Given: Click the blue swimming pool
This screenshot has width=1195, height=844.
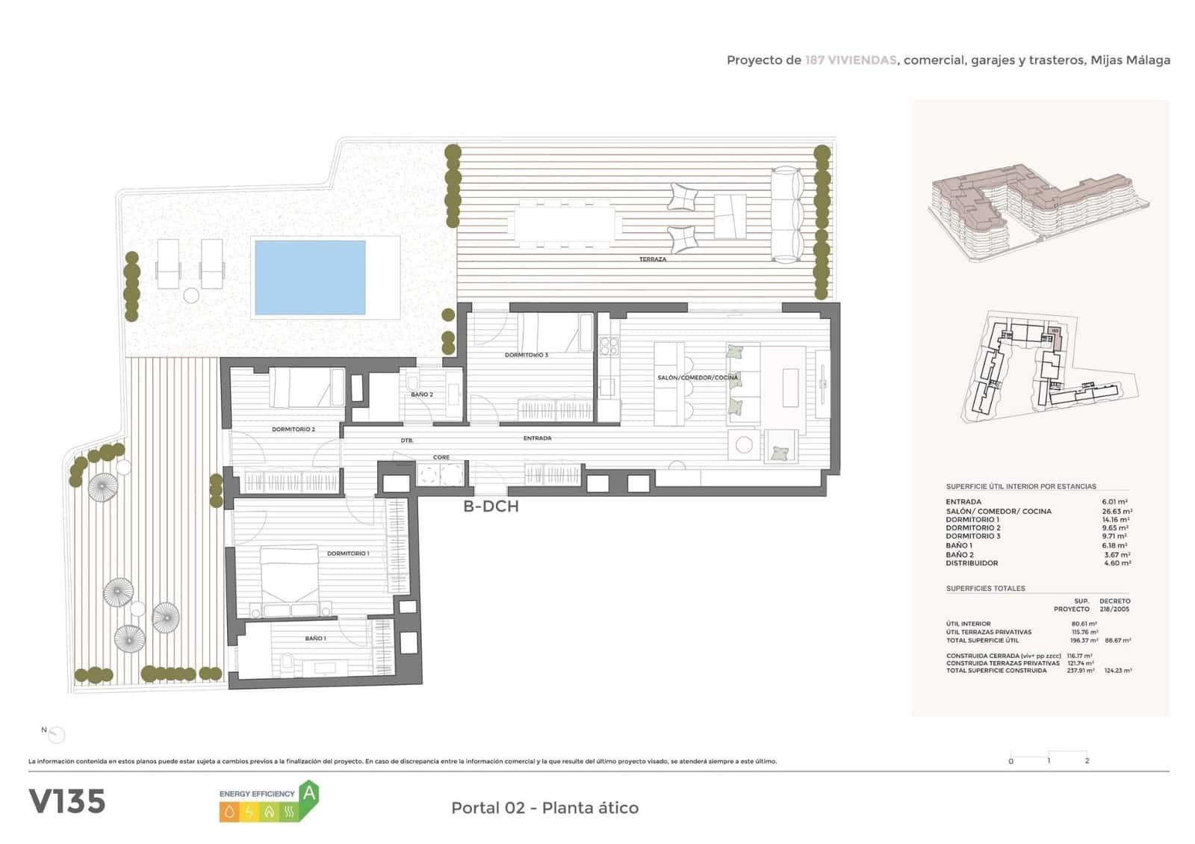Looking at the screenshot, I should pyautogui.click(x=310, y=277).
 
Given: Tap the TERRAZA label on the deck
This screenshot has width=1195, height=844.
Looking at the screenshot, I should pyautogui.click(x=652, y=259).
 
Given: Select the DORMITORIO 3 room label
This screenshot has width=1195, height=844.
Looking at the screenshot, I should pyautogui.click(x=526, y=355).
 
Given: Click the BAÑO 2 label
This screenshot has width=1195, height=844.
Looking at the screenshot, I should pyautogui.click(x=421, y=394).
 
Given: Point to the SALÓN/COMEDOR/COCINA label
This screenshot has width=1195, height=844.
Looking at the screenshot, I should pyautogui.click(x=698, y=378).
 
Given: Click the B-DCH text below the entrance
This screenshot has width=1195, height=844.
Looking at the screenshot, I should pyautogui.click(x=491, y=506).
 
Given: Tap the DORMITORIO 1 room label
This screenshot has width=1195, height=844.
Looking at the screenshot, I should pyautogui.click(x=347, y=553).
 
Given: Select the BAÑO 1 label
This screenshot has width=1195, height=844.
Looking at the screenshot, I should pyautogui.click(x=315, y=639).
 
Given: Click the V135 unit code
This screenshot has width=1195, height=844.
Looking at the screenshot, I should pyautogui.click(x=67, y=801).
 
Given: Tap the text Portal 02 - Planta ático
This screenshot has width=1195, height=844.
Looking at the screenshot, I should pyautogui.click(x=544, y=807).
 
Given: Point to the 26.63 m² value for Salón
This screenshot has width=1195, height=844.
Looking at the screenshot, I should pyautogui.click(x=1117, y=512).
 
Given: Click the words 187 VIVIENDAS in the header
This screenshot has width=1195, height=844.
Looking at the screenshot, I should pyautogui.click(x=850, y=60).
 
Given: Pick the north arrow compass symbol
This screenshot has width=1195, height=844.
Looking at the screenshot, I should pyautogui.click(x=56, y=735).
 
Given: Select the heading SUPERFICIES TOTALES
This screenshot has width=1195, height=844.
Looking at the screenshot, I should pyautogui.click(x=985, y=589).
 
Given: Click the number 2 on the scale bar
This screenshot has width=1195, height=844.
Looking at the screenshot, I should pyautogui.click(x=1087, y=761).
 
